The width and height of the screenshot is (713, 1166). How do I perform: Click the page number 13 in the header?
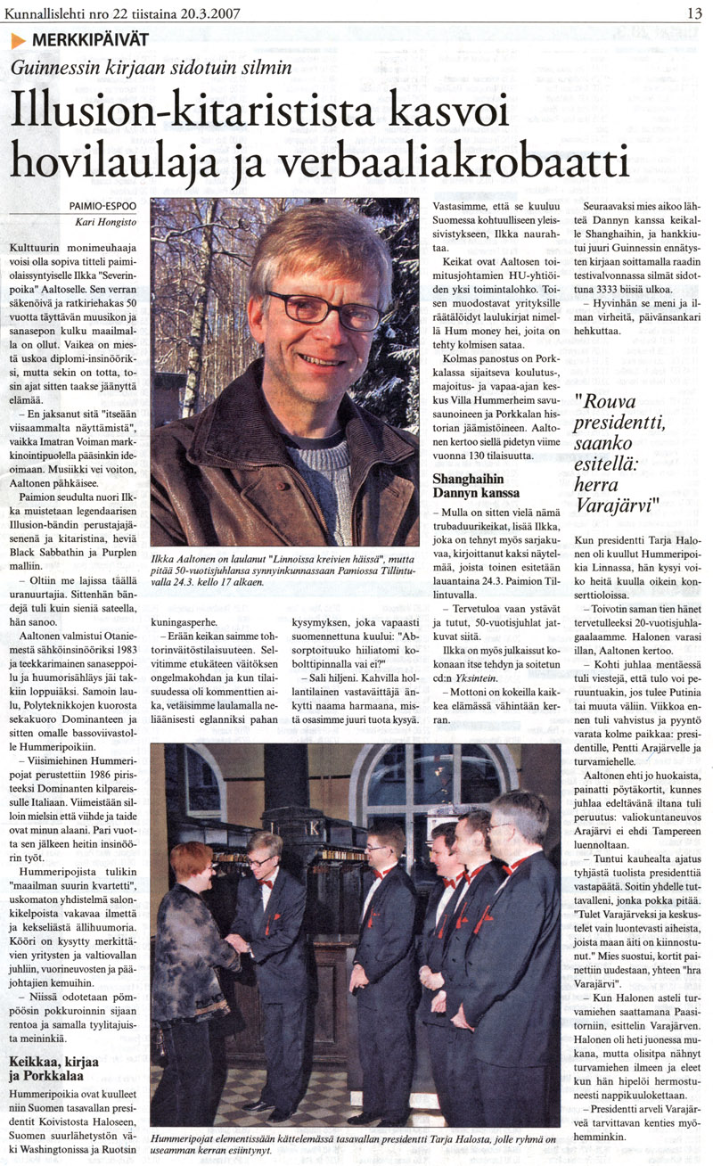click(x=693, y=12)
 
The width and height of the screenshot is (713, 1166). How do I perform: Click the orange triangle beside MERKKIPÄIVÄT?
click(x=19, y=39)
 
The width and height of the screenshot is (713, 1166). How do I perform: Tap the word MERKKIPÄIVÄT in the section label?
click(x=90, y=39)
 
